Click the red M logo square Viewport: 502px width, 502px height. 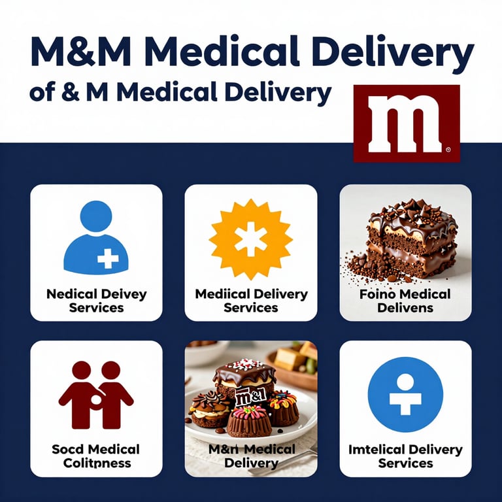coord(406,123)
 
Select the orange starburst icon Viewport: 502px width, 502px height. coord(251,240)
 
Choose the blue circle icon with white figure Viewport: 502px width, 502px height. coord(405,394)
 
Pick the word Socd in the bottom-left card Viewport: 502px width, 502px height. coord(68,449)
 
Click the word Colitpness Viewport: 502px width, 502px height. coord(96,463)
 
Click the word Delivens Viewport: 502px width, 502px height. coord(405,308)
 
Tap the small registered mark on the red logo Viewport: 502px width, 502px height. coord(447,150)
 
